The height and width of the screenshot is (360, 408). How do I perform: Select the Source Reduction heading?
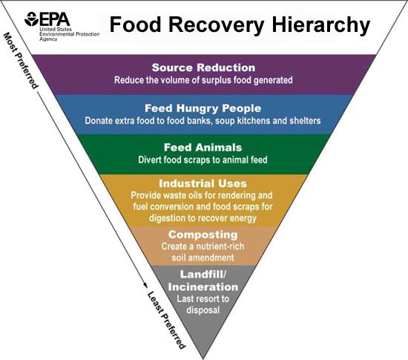(203, 68)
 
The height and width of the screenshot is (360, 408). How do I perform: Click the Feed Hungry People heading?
(203, 108)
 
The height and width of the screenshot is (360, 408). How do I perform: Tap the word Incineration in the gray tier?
(203, 287)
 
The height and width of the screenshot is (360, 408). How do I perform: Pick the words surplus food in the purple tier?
(235, 80)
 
